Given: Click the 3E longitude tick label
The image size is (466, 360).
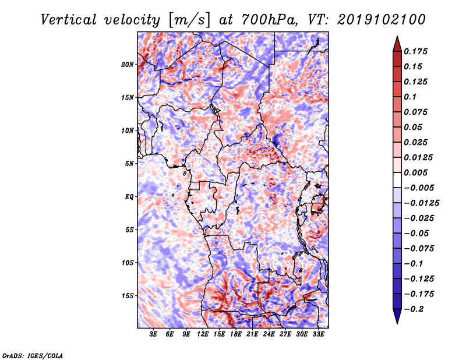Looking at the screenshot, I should tap(154, 335).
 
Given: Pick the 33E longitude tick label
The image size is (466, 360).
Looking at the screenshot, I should tap(318, 335).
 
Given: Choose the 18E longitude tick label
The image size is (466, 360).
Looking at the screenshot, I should tap(236, 335).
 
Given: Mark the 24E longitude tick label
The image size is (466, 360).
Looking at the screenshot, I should tap(269, 335).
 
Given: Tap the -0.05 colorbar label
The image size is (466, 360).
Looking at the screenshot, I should tap(417, 233).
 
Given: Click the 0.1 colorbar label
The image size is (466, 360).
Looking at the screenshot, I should tap(411, 97).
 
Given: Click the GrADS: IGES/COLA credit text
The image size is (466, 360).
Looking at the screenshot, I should tap(33, 355).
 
